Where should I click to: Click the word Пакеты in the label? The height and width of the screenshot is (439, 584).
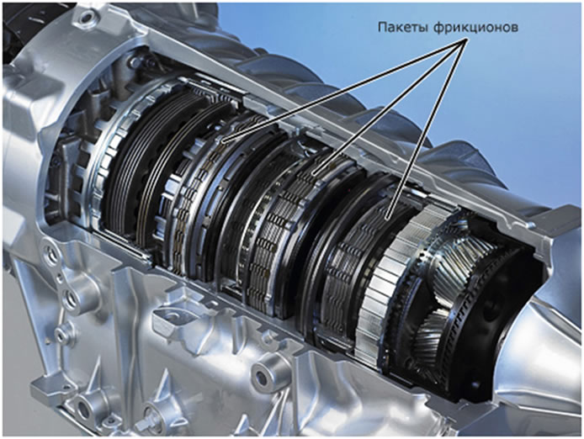(x=403, y=28)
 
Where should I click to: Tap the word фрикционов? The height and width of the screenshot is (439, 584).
(x=475, y=28)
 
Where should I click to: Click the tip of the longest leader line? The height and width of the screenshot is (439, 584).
(x=223, y=142)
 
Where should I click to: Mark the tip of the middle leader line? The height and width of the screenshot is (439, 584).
(x=314, y=173)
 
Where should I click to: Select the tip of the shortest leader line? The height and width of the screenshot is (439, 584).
(x=387, y=218)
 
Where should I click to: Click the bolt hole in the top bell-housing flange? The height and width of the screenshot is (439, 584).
(x=87, y=16)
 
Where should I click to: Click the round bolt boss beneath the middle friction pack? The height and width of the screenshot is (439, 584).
(x=263, y=377)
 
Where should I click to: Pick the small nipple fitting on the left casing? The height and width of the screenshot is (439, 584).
(x=62, y=332)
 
